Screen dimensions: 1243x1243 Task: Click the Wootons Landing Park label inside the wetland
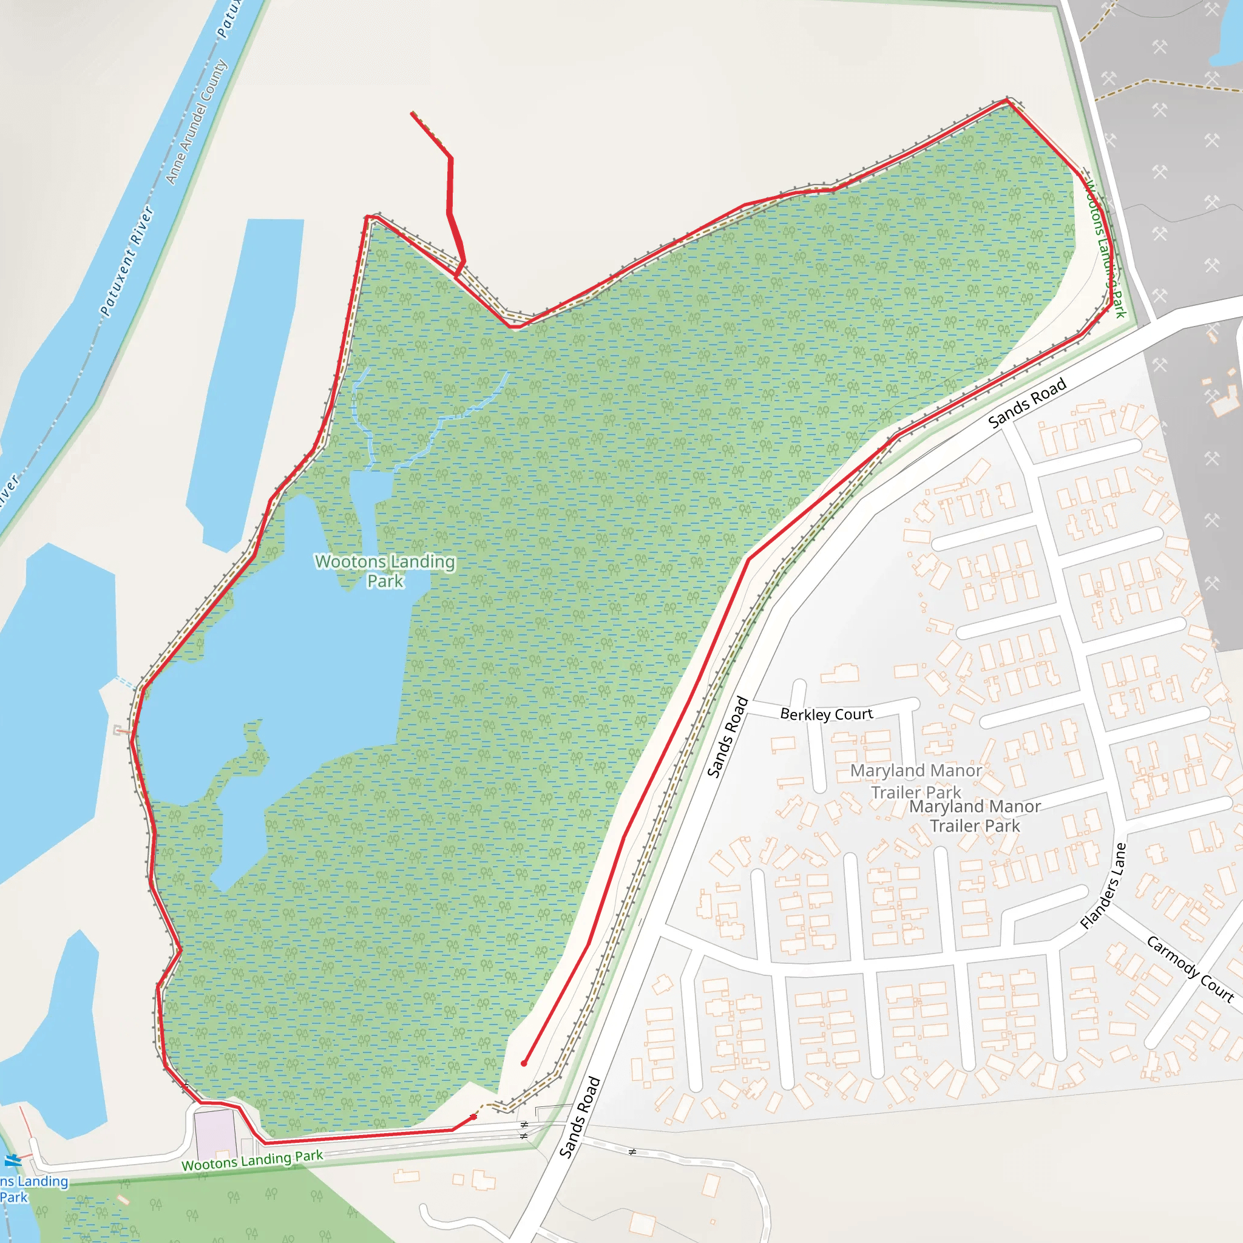(385, 571)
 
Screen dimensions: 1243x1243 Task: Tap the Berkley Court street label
(826, 714)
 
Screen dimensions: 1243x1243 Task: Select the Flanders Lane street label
(1103, 886)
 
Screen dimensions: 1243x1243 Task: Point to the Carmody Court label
(1190, 969)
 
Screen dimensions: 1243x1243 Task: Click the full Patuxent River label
(127, 260)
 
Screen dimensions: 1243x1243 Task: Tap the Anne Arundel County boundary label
(196, 121)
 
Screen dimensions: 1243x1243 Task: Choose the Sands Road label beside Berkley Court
(728, 737)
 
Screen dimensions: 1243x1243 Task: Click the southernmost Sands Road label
(580, 1117)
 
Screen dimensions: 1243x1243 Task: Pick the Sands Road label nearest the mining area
(1027, 404)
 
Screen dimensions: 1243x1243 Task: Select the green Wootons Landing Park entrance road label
(252, 1160)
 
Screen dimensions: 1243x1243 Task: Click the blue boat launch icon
(12, 1160)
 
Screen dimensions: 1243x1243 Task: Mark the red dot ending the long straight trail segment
(524, 1063)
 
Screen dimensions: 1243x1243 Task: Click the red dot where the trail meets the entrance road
(474, 1117)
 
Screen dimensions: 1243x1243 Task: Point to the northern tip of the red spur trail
(412, 113)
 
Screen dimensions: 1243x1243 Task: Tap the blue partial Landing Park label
(32, 1189)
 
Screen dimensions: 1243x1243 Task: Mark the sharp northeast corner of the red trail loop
(1008, 100)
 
